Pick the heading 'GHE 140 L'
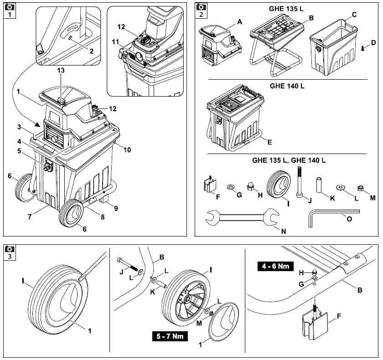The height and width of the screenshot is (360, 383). click(x=287, y=86)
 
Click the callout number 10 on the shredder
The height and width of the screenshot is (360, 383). click(x=127, y=149)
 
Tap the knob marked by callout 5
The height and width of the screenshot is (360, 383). click(x=48, y=166)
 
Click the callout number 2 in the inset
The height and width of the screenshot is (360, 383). click(x=91, y=51)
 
